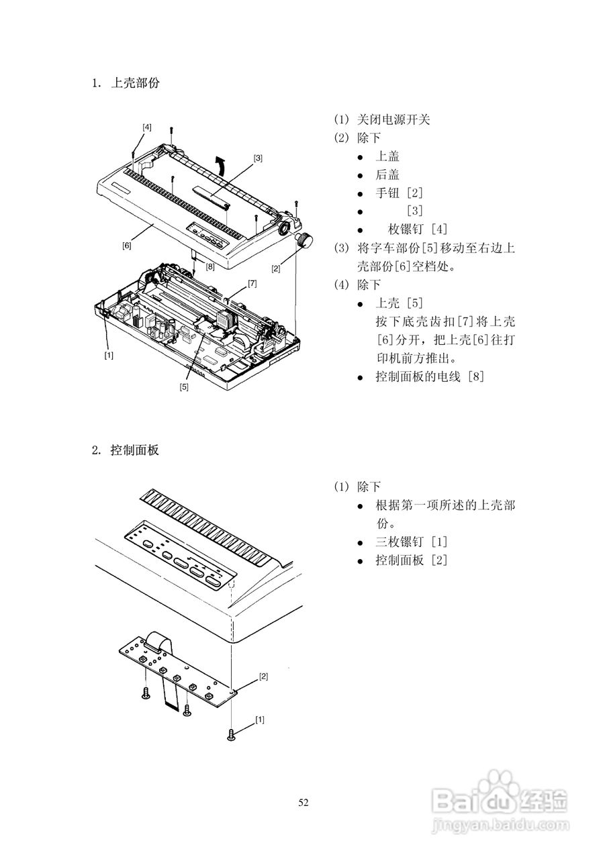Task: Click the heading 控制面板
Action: [134, 450]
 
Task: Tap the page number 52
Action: [303, 803]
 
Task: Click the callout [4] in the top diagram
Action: [147, 126]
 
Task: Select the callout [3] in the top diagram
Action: [258, 158]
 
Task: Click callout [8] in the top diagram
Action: [210, 266]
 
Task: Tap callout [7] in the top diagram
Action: [252, 283]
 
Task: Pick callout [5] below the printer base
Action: [184, 386]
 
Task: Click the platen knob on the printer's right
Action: [305, 240]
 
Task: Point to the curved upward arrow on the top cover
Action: [219, 165]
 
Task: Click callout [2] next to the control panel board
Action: [263, 676]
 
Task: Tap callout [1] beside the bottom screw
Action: [260, 719]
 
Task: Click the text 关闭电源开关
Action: [393, 119]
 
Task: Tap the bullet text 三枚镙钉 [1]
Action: [411, 541]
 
